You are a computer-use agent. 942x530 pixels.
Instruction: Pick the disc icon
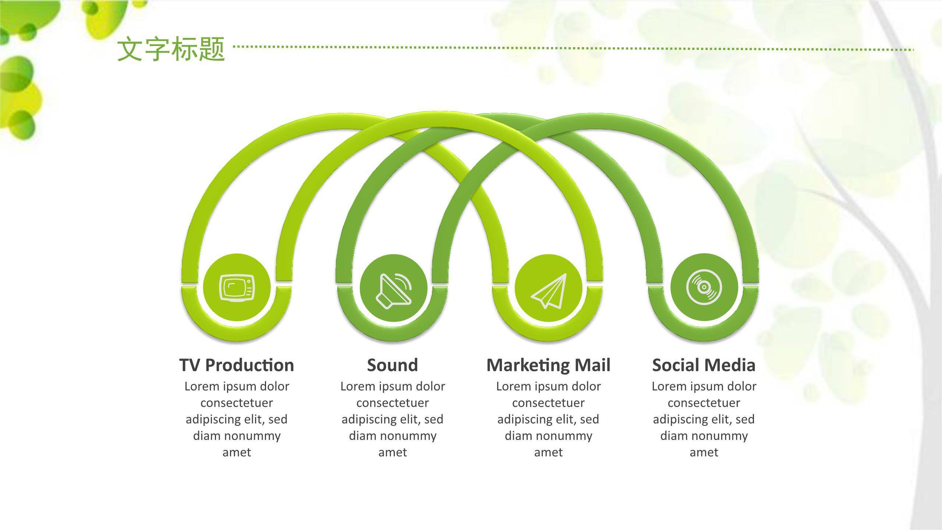pos(704,287)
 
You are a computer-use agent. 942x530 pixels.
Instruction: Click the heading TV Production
pos(237,365)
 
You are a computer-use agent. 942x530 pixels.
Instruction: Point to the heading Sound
pos(393,365)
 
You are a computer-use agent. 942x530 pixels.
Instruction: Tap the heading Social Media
pos(704,365)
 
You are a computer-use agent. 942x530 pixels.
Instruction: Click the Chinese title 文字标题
pos(171,49)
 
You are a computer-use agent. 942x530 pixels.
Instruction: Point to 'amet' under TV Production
pos(237,452)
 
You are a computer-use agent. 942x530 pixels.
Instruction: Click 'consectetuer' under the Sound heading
pos(393,403)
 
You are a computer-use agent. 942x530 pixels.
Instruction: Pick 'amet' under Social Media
pos(704,452)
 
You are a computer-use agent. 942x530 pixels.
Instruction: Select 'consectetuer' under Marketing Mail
pos(548,403)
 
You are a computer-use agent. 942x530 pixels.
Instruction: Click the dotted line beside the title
pos(574,48)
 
